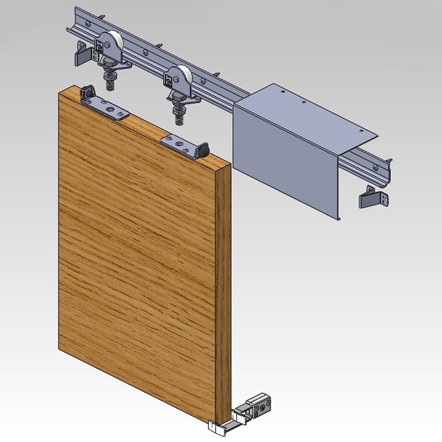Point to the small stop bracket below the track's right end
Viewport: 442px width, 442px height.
373,198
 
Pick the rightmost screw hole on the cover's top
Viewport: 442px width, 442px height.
362,131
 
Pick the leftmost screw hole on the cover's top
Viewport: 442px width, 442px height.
283,92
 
